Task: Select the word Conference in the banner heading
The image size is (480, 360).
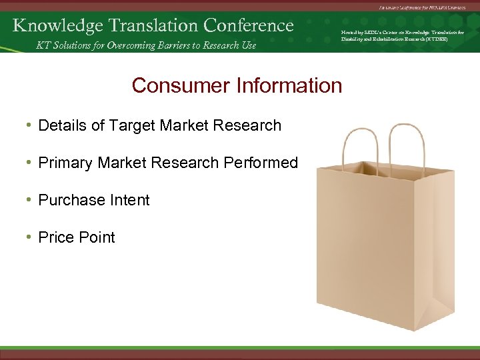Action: coord(249,25)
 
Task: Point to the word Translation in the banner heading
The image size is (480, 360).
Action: coord(151,25)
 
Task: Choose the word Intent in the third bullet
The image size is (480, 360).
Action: coord(131,200)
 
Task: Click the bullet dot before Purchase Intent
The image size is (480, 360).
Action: coord(29,200)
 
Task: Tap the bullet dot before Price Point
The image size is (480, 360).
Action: coord(29,237)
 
